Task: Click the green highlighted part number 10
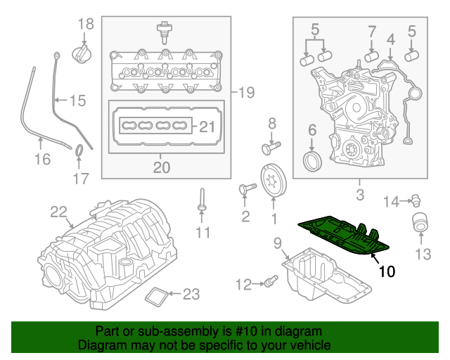pyautogui.click(x=343, y=236)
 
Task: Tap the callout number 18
pyautogui.click(x=85, y=25)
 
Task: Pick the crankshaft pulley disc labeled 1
pyautogui.click(x=271, y=182)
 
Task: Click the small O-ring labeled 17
pyautogui.click(x=81, y=150)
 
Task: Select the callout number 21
pyautogui.click(x=205, y=127)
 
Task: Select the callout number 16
pyautogui.click(x=42, y=159)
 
